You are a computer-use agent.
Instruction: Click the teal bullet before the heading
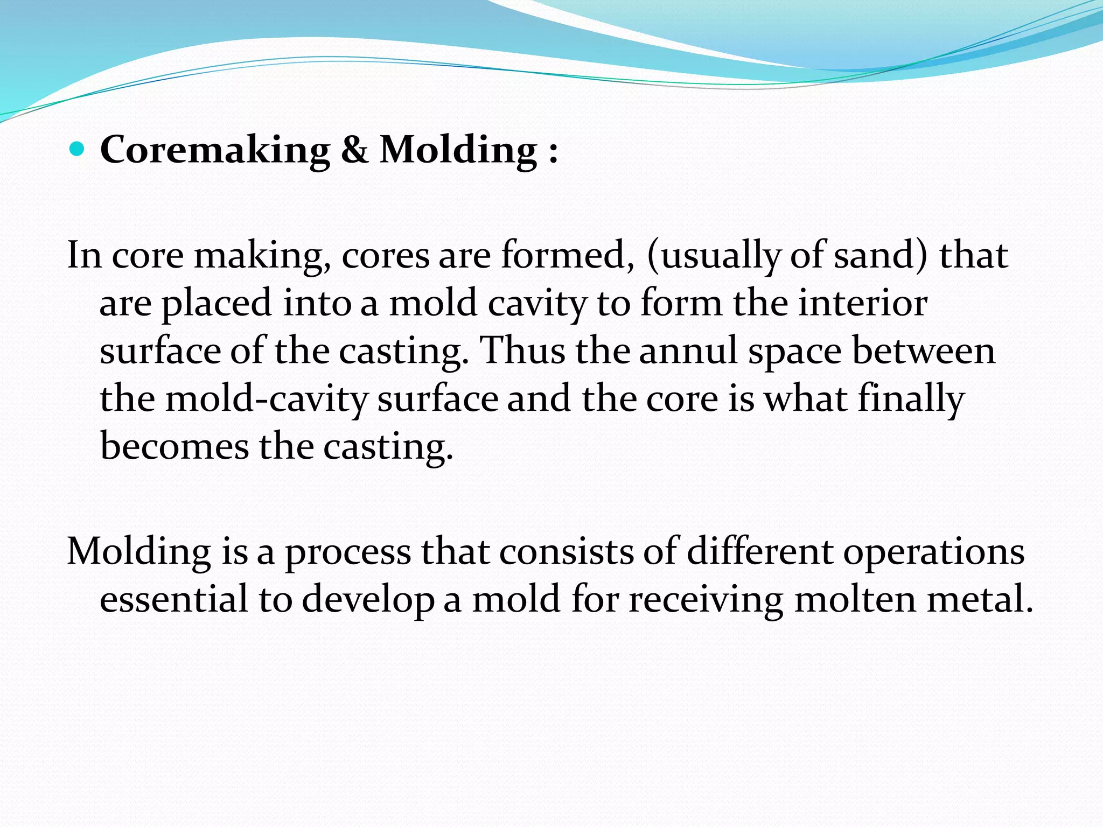[x=78, y=149]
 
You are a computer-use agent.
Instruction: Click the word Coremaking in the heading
[x=215, y=150]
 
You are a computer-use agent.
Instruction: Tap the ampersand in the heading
[x=354, y=150]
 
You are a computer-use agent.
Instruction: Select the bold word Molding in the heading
[x=458, y=150]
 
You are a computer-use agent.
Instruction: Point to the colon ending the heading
[x=553, y=152]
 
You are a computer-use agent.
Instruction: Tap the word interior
[x=862, y=303]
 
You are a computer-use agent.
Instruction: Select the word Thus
[x=522, y=351]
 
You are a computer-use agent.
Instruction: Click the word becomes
[x=174, y=446]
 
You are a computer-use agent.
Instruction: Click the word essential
[x=173, y=599]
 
